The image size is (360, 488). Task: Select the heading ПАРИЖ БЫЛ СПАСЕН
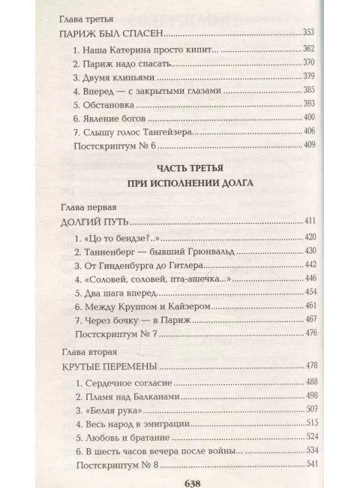tap(110, 35)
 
